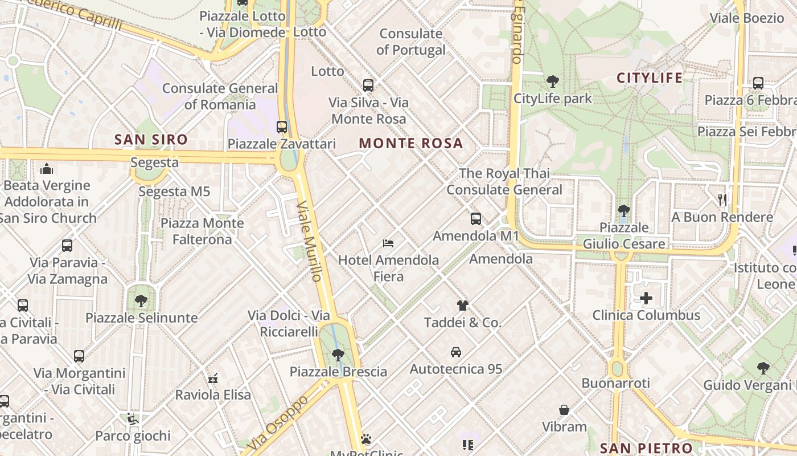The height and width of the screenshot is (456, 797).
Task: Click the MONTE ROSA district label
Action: click(411, 143)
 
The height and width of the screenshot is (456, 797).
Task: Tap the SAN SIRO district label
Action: click(151, 139)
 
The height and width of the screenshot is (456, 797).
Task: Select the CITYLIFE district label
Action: click(650, 78)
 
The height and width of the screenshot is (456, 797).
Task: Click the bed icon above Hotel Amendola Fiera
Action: click(388, 243)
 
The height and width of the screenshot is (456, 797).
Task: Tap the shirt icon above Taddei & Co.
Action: click(462, 306)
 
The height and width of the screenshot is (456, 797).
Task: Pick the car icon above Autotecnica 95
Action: click(456, 352)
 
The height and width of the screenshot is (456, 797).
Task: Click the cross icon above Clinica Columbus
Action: click(646, 298)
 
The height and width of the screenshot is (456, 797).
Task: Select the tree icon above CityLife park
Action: click(552, 82)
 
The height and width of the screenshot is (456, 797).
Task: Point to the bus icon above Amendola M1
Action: click(476, 219)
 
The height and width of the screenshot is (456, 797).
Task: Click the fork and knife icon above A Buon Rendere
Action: click(722, 200)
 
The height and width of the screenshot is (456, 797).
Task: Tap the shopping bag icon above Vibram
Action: click(564, 410)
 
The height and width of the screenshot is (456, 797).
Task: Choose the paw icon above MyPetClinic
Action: click(366, 439)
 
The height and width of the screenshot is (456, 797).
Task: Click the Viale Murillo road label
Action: click(310, 241)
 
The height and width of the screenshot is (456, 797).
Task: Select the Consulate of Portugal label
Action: click(411, 42)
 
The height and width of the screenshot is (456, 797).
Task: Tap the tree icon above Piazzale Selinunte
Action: click(141, 300)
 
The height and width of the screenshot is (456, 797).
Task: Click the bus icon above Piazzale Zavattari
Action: click(282, 127)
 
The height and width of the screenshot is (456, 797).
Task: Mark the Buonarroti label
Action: click(615, 383)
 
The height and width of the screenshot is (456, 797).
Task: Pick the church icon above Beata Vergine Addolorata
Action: click(47, 169)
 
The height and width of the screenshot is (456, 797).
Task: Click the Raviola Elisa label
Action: click(213, 394)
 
